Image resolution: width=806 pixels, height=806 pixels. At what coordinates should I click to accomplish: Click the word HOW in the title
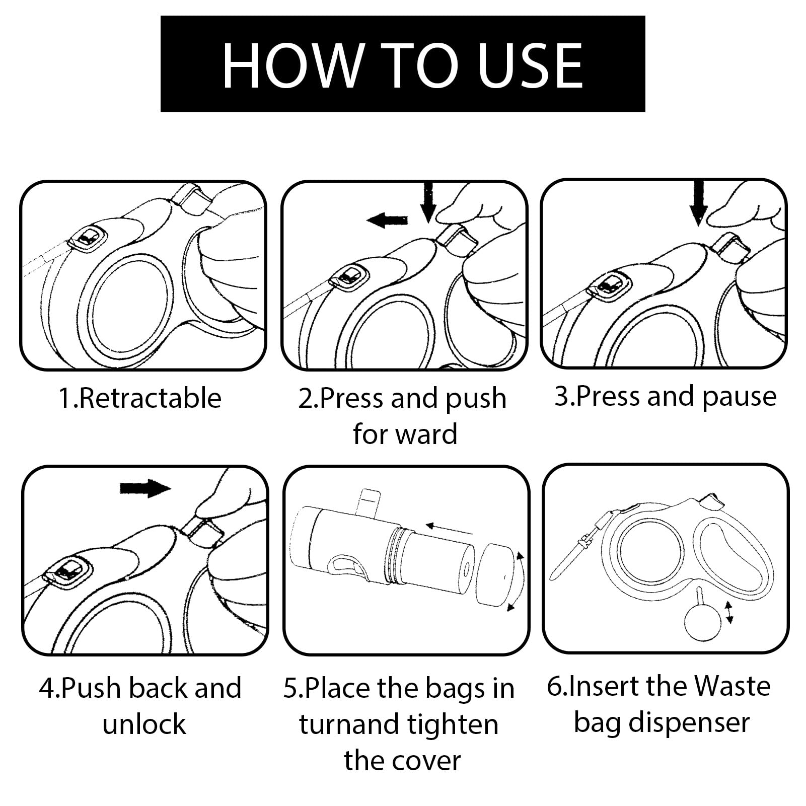point(292,64)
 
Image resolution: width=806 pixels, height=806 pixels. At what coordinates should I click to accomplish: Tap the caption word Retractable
point(150,398)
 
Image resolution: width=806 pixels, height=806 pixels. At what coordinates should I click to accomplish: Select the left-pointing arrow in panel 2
point(387,219)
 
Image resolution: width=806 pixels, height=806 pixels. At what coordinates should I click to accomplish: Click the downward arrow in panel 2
point(428,202)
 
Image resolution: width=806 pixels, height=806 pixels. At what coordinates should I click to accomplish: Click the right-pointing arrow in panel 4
point(145,487)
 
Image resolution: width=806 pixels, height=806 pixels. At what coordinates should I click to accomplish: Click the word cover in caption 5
point(431,761)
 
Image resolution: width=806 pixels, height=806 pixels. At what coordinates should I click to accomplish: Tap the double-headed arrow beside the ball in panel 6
point(728,612)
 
